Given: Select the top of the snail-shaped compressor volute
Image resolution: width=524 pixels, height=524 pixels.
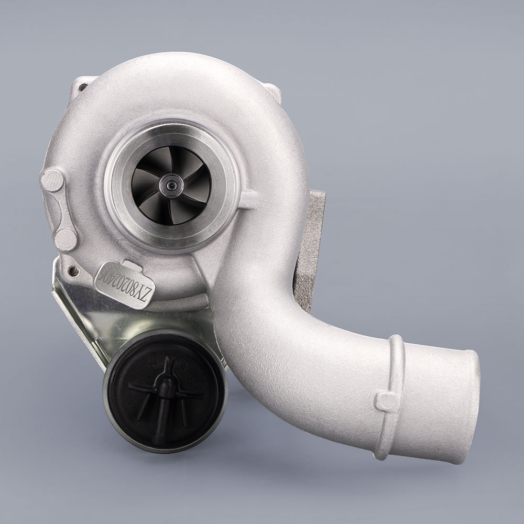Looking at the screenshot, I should click(173, 73).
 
